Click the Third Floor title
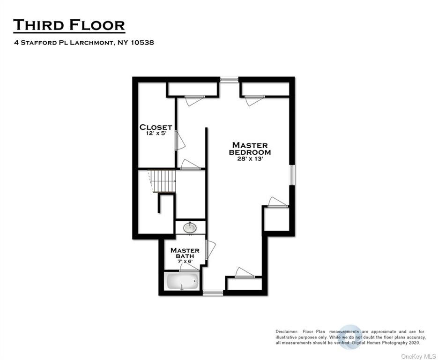pyautogui.click(x=69, y=25)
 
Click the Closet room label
pyautogui.click(x=156, y=127)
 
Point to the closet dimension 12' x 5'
pyautogui.click(x=156, y=133)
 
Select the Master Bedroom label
pyautogui.click(x=250, y=149)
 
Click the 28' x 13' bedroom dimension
pyautogui.click(x=250, y=159)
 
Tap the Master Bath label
pyautogui.click(x=185, y=253)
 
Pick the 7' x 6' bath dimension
pyautogui.click(x=185, y=262)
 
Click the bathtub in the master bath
pyautogui.click(x=182, y=281)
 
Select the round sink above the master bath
pyautogui.click(x=190, y=228)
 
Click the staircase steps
pyautogui.click(x=163, y=181)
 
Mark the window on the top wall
pyautogui.click(x=229, y=80)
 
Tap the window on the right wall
pyautogui.click(x=292, y=175)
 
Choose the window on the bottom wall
pyautogui.click(x=213, y=293)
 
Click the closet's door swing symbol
pyautogui.click(x=180, y=141)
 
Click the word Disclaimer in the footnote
pyautogui.click(x=287, y=332)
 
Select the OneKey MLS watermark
pyautogui.click(x=418, y=356)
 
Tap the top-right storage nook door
pyautogui.click(x=254, y=101)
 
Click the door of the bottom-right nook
pyautogui.click(x=245, y=273)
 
